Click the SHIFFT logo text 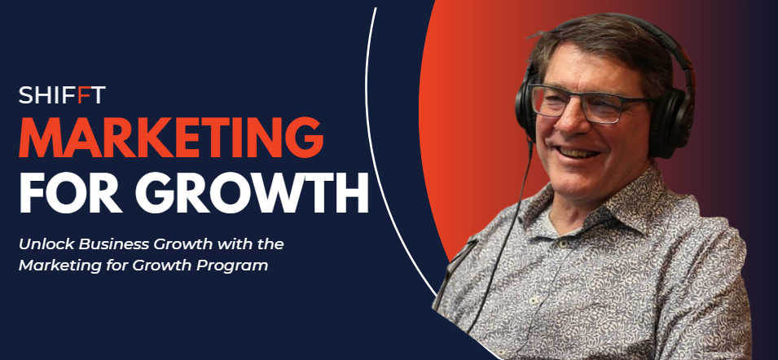coord(62,94)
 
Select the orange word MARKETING coord(171,138)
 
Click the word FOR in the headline coord(73,192)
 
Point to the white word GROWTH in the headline coord(253,192)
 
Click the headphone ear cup coord(670,124)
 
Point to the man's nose coord(563,119)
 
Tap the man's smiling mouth coord(576,152)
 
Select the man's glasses coord(591,103)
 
